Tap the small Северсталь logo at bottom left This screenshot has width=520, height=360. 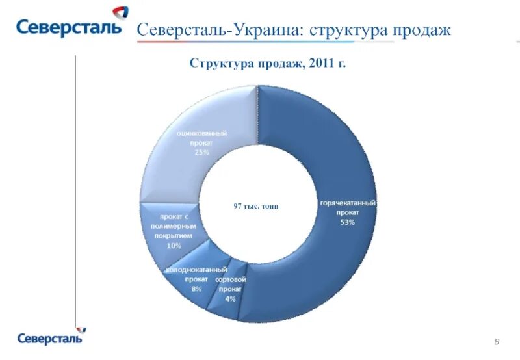click(x=49, y=338)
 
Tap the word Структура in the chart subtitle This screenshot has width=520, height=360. click(x=218, y=63)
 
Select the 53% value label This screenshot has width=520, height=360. click(x=347, y=222)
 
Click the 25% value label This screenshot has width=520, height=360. click(x=201, y=152)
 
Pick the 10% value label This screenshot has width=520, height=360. click(x=174, y=246)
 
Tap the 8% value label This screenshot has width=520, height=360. click(x=196, y=288)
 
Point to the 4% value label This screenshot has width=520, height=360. click(x=230, y=298)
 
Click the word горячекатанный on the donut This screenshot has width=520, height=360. click(x=347, y=203)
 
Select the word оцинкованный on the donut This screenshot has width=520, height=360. click(x=201, y=133)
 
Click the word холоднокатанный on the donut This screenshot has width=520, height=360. click(x=196, y=269)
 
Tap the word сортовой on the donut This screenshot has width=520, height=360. click(x=230, y=279)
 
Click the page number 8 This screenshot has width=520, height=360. click(x=497, y=342)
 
